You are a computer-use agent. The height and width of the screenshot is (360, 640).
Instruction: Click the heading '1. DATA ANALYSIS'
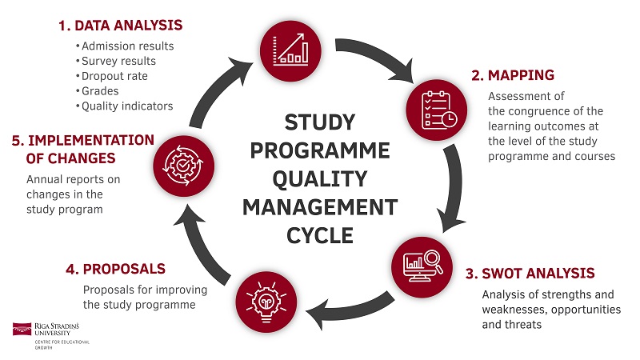[x=120, y=26]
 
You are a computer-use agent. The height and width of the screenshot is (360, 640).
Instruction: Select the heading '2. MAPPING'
[x=512, y=76]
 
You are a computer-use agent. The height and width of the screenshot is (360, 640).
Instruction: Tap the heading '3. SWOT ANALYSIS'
[x=530, y=273]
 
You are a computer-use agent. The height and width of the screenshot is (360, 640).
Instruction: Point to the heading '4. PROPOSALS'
[x=115, y=268]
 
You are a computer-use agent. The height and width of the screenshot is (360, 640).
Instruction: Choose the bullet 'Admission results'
[x=128, y=46]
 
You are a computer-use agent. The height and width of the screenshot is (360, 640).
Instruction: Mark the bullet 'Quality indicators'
[x=128, y=106]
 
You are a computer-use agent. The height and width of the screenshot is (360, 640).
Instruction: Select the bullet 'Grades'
[x=100, y=91]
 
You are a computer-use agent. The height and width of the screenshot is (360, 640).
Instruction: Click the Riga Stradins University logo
[x=50, y=332]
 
